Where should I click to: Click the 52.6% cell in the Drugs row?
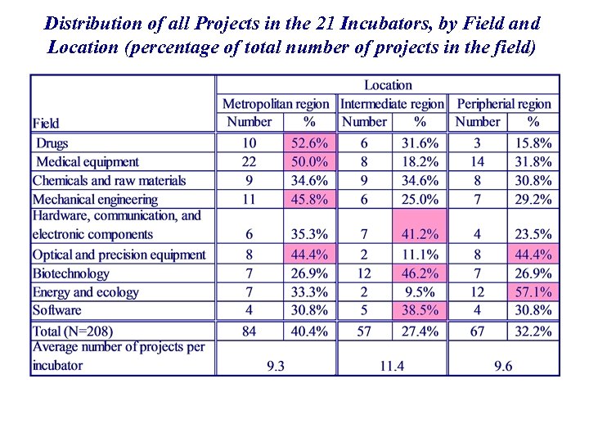point(309,143)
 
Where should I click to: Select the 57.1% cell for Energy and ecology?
point(533,292)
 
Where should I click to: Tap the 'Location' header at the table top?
point(388,85)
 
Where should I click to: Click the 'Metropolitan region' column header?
point(276,104)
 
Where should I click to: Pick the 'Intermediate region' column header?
point(392,104)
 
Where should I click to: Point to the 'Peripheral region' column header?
point(504,104)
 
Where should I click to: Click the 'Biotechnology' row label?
point(70,273)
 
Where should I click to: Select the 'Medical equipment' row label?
point(88,162)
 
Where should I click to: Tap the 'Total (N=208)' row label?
point(73,331)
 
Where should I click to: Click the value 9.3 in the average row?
point(276,366)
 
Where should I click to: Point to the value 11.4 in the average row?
point(391,366)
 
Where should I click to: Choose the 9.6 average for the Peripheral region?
point(503,366)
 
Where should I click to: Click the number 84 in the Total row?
point(249,331)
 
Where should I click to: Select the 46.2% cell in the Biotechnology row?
point(420,273)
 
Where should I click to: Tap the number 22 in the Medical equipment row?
point(249,162)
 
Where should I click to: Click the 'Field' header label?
point(46,124)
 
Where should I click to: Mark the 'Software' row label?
point(57,310)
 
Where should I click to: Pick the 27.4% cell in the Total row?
point(420,331)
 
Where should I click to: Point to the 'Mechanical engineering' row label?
point(95,199)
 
